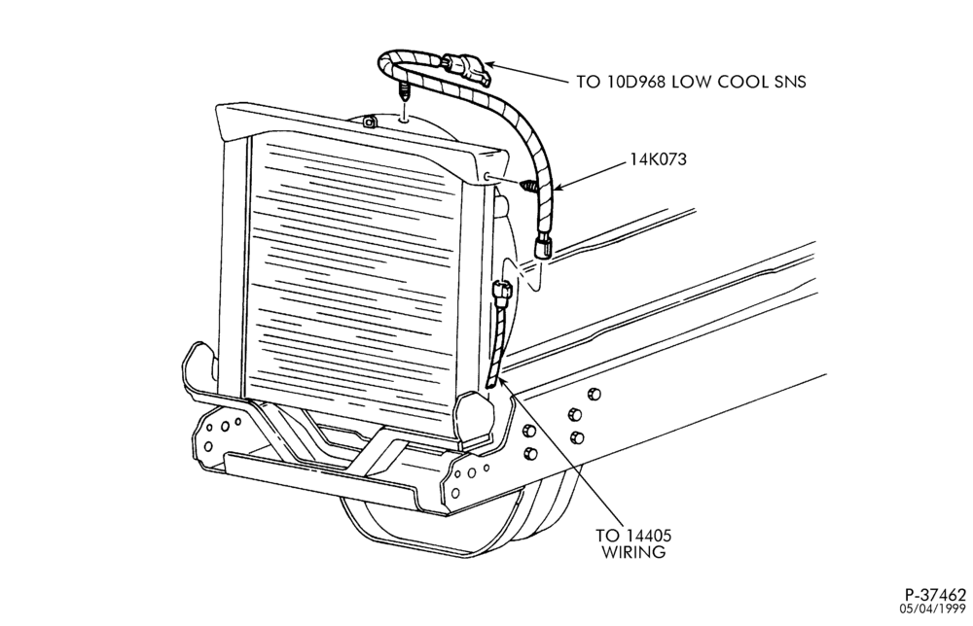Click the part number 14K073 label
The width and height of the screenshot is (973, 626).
coord(659,159)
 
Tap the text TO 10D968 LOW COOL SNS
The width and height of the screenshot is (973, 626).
coord(691,82)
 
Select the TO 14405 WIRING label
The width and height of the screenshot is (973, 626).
coord(633,543)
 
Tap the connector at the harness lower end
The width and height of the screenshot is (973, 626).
coord(543,246)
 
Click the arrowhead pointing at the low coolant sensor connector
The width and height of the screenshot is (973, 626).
coord(487,63)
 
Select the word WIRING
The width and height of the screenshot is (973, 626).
coord(633,552)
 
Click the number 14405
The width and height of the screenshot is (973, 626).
coord(647,535)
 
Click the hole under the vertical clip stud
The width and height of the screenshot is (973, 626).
coord(404,121)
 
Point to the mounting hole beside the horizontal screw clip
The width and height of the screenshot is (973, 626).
coord(488,177)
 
